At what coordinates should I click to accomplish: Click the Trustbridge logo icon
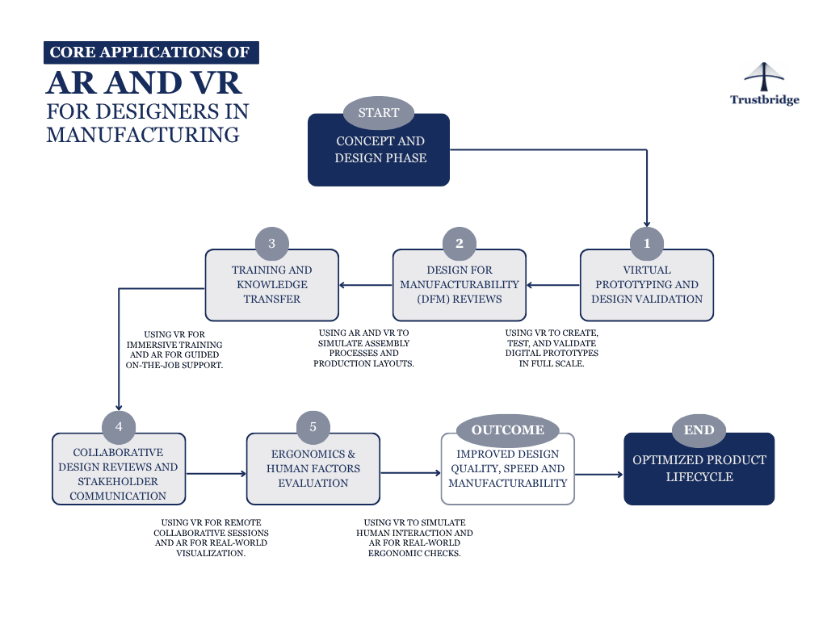coord(764,77)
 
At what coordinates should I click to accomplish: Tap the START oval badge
coord(378,113)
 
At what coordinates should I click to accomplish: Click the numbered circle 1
coord(646,243)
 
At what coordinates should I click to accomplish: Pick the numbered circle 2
coord(460,243)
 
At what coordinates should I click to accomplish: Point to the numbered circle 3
coord(271,243)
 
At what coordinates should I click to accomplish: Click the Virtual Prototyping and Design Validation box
coord(646,287)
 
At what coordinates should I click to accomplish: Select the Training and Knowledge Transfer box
coord(271,287)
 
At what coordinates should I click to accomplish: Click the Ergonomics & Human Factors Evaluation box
coord(313,471)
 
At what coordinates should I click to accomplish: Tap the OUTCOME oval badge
coord(507,429)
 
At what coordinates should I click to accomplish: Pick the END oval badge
coord(699,429)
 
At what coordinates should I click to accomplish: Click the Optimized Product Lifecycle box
coord(699,470)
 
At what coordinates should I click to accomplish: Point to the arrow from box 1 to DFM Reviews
coord(554,284)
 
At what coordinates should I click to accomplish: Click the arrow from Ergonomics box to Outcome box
coord(410,473)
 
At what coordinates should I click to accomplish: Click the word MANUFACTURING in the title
coord(143,134)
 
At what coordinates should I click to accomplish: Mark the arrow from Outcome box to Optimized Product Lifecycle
coord(598,475)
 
